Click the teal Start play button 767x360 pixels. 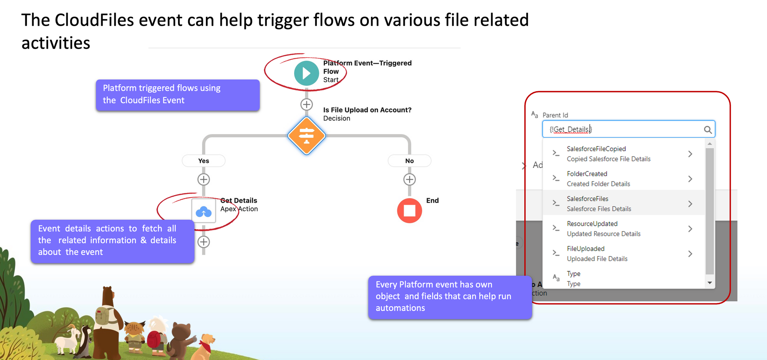point(306,73)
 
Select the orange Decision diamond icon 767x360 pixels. point(306,136)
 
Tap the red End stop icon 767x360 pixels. point(409,210)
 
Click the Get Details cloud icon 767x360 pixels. point(204,210)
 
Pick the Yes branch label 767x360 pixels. point(204,161)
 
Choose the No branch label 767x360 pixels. point(409,161)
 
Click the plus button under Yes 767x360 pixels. point(204,179)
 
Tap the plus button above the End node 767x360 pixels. point(409,179)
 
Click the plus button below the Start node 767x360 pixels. point(306,104)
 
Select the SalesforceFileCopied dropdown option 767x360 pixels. point(608,154)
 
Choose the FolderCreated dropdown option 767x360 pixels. point(598,179)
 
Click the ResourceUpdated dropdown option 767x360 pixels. point(603,228)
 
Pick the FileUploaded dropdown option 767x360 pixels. point(597,253)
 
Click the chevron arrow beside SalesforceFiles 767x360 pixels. point(690,204)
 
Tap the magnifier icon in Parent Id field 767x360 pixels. point(708,130)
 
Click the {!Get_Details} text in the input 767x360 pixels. point(571,130)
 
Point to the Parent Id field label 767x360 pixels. point(555,115)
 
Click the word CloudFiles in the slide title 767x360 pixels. point(94,20)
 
